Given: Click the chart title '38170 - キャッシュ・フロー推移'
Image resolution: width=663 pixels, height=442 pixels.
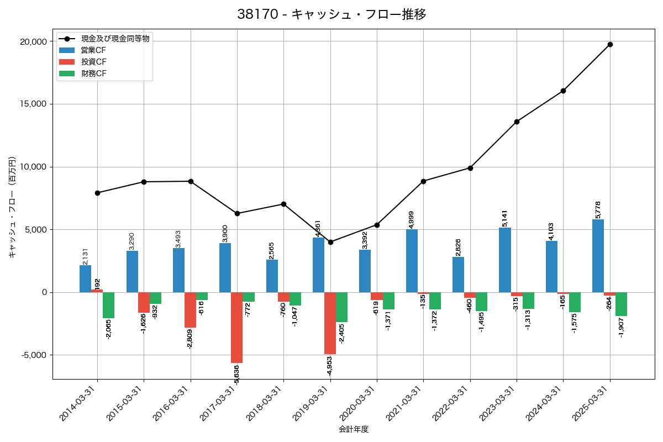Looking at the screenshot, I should point(331,14).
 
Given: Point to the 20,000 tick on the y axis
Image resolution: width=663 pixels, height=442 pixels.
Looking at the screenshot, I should point(32,42).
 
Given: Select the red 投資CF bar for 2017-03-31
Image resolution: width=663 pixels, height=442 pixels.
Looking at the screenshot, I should point(236,327).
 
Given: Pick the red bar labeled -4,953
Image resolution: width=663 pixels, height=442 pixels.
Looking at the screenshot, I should point(330,323).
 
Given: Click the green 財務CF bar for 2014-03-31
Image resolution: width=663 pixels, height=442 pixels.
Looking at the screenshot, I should point(109,305).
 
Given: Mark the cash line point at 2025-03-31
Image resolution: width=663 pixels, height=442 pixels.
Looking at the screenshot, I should point(610,44).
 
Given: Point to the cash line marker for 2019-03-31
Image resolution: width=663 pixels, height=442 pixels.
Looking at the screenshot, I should point(330,242).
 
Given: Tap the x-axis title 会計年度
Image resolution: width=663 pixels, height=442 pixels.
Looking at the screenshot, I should point(354,429).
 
